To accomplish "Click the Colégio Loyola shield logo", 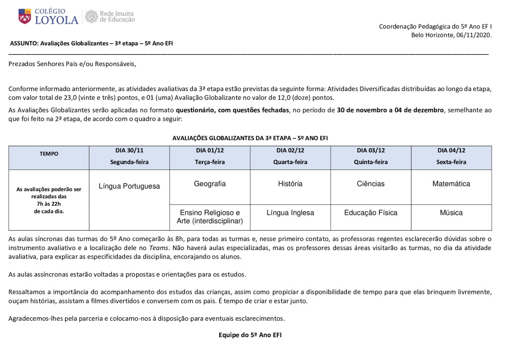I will (x=24, y=16).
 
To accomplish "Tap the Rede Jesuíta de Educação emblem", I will (x=91, y=16).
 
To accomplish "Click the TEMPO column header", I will (x=49, y=154).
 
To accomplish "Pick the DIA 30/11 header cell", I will (x=129, y=150).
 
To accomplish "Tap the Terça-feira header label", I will (x=210, y=162).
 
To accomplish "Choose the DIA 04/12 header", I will (x=451, y=150).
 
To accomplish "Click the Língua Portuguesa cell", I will (x=129, y=186).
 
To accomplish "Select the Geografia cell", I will (x=210, y=184).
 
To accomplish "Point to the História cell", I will (x=290, y=184).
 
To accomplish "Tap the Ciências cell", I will (x=370, y=184).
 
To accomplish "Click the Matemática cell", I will (x=451, y=184).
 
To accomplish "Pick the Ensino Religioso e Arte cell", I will (x=210, y=217).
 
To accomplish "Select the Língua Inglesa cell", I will (x=290, y=213).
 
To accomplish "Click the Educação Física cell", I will (x=370, y=213).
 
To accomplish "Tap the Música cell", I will (x=451, y=213).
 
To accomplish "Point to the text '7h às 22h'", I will (x=49, y=204).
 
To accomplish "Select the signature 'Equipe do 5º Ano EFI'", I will (x=250, y=335).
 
